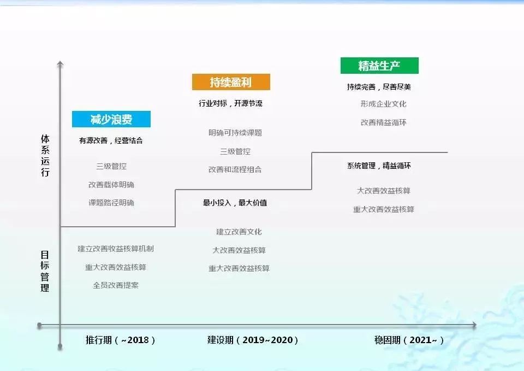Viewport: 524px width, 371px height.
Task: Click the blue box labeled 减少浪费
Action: pos(111,119)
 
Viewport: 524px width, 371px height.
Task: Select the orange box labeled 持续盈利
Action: pos(231,82)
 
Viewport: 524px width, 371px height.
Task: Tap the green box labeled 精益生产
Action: pos(379,66)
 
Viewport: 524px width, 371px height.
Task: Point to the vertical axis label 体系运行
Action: pos(45,155)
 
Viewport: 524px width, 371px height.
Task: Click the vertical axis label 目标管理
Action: pos(45,272)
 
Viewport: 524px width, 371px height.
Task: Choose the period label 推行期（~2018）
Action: pos(120,340)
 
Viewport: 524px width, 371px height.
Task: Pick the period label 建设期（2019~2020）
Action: pos(253,340)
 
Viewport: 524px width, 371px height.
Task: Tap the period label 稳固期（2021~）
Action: pos(409,340)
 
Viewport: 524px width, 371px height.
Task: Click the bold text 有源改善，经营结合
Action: pos(111,140)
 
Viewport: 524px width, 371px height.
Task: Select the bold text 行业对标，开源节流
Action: pos(230,103)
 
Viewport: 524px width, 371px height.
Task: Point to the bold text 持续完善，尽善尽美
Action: pos(379,87)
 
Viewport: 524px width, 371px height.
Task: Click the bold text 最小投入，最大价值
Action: pos(235,203)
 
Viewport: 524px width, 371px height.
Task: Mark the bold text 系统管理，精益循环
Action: pos(379,166)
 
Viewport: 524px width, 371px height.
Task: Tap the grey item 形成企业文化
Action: pos(384,104)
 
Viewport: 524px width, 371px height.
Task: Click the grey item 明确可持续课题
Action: pos(235,133)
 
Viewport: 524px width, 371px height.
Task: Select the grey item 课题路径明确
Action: pos(111,203)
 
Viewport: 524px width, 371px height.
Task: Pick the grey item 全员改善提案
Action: pos(116,285)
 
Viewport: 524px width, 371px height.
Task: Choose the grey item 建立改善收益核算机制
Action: pos(116,249)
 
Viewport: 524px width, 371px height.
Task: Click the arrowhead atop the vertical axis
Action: pos(60,63)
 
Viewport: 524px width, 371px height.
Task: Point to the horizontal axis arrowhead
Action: pos(474,325)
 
